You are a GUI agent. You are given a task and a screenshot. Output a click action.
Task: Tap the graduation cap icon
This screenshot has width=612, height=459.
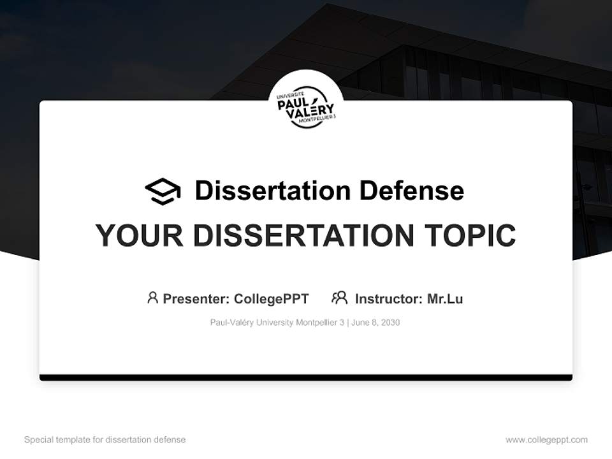(163, 191)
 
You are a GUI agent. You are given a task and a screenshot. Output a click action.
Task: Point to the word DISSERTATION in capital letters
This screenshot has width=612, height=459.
(303, 236)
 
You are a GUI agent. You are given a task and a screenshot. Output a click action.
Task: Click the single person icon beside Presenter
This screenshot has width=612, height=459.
(152, 298)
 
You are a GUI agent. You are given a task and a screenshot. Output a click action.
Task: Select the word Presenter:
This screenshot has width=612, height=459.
(196, 298)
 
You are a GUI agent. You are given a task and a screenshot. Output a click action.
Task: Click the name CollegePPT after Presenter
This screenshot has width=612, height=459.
(272, 298)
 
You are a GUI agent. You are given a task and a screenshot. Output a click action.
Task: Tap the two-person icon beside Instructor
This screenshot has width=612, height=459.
(340, 298)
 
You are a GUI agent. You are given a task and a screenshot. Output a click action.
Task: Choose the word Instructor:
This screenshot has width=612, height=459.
(388, 298)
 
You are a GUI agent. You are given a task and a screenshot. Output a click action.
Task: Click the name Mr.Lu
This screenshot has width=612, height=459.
(445, 298)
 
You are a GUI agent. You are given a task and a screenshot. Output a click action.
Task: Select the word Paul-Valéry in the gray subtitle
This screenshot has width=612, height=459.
(231, 323)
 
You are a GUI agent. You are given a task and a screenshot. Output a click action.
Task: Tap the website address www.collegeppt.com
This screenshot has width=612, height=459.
(546, 440)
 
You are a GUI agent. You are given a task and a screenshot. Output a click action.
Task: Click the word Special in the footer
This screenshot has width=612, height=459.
(38, 440)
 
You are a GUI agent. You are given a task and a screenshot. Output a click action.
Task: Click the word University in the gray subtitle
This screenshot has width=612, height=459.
(274, 323)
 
